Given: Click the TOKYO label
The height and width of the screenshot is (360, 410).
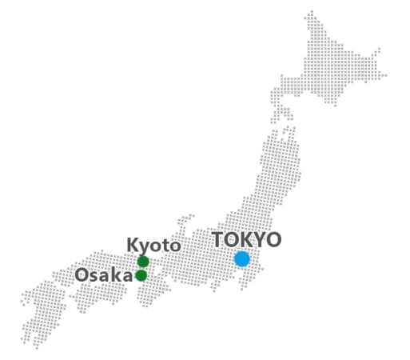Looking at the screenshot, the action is tap(246, 240).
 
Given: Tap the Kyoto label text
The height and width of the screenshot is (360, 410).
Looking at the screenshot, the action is tap(153, 245).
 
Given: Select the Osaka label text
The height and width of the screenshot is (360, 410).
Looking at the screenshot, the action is tap(103, 275).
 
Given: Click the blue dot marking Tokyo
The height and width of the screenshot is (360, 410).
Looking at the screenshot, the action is tap(242, 258).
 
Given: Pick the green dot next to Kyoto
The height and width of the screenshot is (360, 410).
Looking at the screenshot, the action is tap(143, 262).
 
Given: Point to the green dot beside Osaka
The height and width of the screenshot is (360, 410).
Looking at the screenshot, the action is tap(141, 276).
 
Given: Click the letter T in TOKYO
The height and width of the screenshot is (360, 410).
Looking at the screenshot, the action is tap(218, 240).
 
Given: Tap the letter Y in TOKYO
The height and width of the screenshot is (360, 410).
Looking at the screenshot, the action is tap(260, 240).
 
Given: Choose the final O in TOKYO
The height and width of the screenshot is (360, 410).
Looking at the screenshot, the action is tap(274, 240).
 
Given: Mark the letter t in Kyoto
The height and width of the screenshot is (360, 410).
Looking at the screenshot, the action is tap(164, 245).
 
